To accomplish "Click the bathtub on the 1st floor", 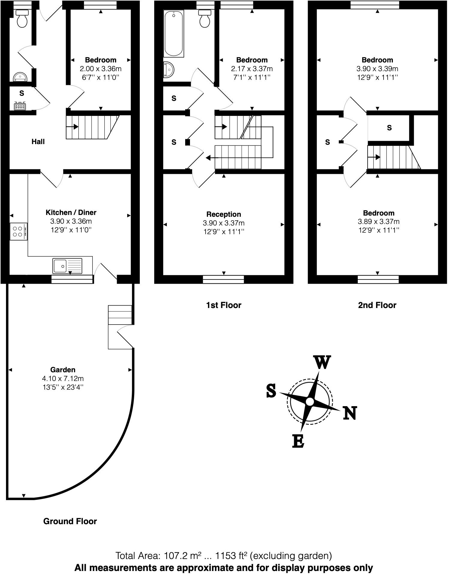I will coord(173,34).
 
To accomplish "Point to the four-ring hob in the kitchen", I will coord(19,231).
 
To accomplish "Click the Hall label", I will coord(38,142).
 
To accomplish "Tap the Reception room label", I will coord(224,214).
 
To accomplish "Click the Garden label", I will coord(63,370).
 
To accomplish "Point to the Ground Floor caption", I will coord(70,521).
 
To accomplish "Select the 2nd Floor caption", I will coord(377,305).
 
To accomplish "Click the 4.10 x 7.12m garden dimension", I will coord(63,379).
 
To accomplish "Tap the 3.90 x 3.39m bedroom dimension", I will coord(377,69).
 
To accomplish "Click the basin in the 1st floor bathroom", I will coord(168,70).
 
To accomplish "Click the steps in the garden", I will coord(120,315).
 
